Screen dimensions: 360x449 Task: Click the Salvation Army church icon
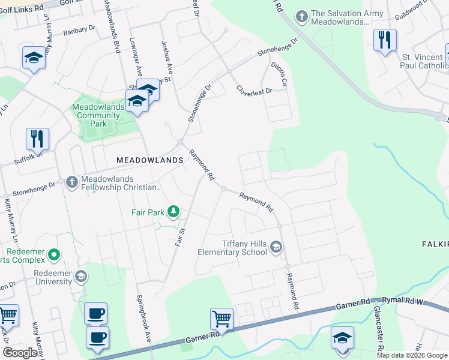301,17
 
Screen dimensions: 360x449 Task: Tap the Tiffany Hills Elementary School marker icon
276,247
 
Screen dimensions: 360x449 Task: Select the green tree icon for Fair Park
173,211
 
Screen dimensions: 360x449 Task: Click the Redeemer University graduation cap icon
81,277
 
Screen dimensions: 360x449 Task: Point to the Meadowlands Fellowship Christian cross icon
71,182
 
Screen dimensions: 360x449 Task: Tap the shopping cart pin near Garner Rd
221,319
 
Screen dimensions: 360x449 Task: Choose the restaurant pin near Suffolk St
37,138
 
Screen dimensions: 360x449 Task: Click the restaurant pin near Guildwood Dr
384,40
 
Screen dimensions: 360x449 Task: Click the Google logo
20,353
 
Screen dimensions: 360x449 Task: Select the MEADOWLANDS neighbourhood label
149,161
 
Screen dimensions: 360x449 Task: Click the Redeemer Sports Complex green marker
54,256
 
